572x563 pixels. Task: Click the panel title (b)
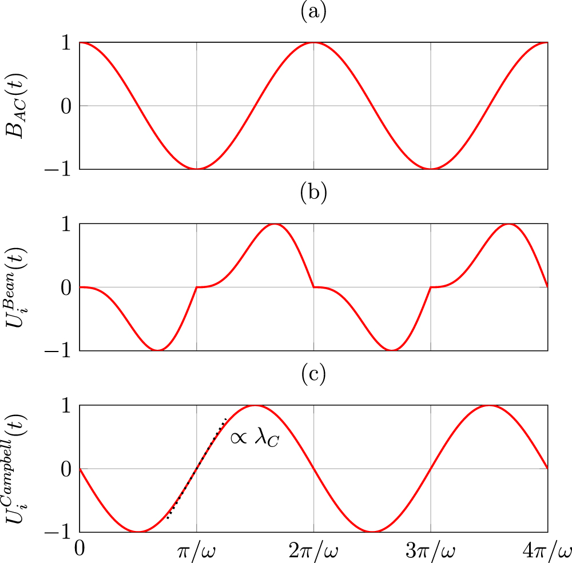313,194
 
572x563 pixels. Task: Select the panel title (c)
313,375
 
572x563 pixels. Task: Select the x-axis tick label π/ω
197,552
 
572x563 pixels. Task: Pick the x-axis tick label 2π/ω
313,552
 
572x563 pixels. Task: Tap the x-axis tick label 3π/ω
430,552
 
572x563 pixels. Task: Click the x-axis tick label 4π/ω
547,552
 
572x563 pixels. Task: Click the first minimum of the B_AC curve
197,169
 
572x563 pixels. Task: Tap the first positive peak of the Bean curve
275,224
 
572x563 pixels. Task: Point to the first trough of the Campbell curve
138,532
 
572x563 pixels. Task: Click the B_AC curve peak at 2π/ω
313,43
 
